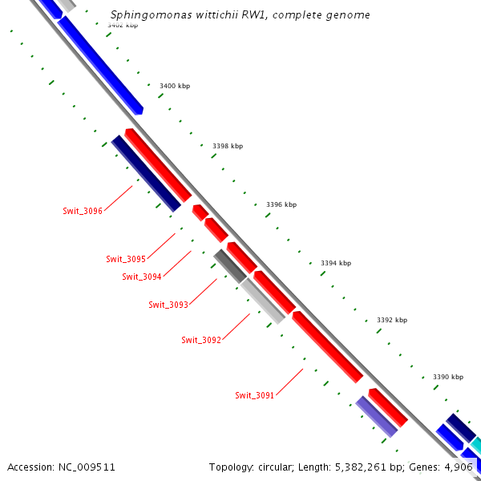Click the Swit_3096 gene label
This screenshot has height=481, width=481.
click(83, 211)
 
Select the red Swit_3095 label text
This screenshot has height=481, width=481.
click(126, 259)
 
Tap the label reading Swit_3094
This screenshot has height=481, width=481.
click(142, 277)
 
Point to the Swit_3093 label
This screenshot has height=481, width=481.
click(168, 305)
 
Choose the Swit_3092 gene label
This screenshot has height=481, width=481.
click(201, 340)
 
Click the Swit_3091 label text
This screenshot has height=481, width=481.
click(255, 395)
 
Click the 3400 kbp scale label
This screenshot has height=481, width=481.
click(173, 86)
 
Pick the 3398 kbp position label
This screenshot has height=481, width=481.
click(228, 146)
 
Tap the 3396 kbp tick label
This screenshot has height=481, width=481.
click(281, 204)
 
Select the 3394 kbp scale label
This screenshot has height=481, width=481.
click(336, 263)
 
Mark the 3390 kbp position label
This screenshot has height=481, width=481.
click(448, 377)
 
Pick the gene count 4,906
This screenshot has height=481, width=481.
click(458, 467)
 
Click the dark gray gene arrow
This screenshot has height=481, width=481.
click(230, 265)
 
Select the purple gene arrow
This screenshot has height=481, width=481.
click(377, 416)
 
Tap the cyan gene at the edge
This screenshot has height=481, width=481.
click(475, 445)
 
